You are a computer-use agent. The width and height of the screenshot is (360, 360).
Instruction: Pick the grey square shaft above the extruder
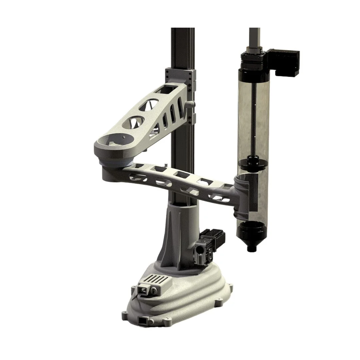pos(254,37)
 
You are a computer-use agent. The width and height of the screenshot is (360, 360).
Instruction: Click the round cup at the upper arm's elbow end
pos(117,140)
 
